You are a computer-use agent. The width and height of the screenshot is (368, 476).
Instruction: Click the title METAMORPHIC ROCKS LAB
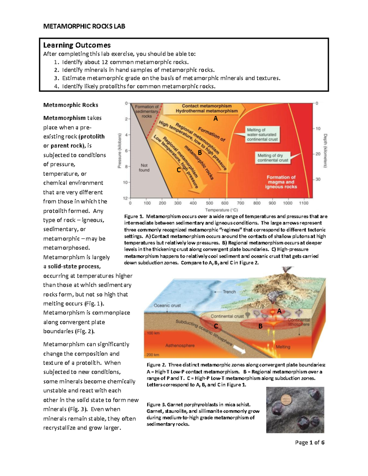pos(84,26)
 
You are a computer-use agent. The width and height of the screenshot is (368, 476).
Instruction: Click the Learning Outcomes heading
pos(77,45)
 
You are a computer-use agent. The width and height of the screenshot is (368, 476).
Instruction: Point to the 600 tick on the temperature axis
pos(225,203)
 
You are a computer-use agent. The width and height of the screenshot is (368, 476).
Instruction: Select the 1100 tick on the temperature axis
pos(304,203)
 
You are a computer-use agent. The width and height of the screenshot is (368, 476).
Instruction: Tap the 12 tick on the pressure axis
pos(125,198)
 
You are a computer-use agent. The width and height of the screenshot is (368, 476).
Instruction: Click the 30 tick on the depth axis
pos(318,179)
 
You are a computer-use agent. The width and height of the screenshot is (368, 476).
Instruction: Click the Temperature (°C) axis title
pos(221,210)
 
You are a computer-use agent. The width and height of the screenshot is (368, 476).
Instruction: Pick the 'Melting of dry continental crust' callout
pos(273,158)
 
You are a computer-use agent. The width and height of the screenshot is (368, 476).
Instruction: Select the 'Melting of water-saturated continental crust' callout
pos(262,135)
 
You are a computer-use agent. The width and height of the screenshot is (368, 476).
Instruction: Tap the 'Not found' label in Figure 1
pos(144,168)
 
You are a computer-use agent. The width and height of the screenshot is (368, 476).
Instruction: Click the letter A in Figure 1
pos(216,119)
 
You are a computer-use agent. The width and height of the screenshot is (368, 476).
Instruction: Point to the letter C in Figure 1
pos(178,170)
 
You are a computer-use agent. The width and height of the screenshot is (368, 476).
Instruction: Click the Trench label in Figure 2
pos(229,292)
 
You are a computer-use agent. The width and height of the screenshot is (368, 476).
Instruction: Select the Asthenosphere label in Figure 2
pos(180,345)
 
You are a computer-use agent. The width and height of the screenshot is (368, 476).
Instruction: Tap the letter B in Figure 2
pos(260,326)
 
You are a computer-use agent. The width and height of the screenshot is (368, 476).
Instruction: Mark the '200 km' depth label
pos(153,355)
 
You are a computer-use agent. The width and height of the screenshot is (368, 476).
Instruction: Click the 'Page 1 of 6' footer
pos(309,442)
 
